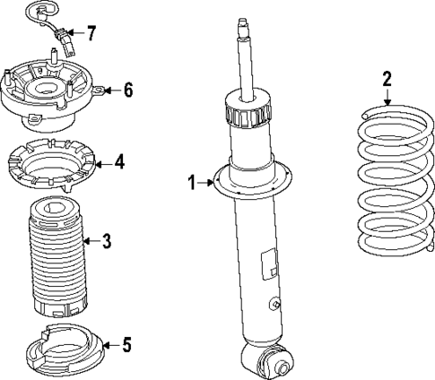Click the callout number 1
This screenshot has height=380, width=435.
coord(191,184)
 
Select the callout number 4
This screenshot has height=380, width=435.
coord(120,163)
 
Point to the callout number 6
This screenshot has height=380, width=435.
coord(127,90)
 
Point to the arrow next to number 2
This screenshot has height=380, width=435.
coord(387,100)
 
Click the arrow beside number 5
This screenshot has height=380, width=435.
coord(108,342)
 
